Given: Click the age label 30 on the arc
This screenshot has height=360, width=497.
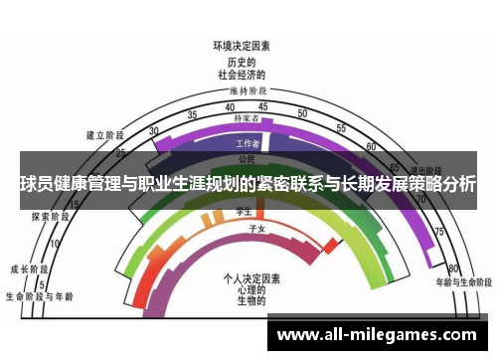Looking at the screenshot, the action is tap(154, 130).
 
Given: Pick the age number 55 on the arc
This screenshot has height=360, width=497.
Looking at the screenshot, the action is tap(341, 128).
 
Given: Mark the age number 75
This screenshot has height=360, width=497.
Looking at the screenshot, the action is tap(437, 231).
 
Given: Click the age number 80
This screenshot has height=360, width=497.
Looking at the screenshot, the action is tap(452, 268).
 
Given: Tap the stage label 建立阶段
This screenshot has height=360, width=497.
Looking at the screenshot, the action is tap(104, 134).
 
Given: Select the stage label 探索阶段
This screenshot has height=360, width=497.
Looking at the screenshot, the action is tap(49, 215).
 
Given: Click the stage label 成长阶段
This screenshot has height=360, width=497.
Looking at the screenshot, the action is tap(28, 269).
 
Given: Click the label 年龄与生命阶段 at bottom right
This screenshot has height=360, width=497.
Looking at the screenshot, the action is tap(462, 282).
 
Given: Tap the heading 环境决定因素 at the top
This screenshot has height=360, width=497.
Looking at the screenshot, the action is tap(242, 46).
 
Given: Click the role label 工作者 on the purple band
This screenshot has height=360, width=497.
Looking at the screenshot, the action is tap(248, 143).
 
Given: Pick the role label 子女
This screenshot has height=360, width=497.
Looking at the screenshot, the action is tap(256, 228).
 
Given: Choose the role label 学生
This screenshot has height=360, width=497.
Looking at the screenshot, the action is tap(242, 210).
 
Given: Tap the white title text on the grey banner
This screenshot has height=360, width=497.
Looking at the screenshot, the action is tap(248, 184).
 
